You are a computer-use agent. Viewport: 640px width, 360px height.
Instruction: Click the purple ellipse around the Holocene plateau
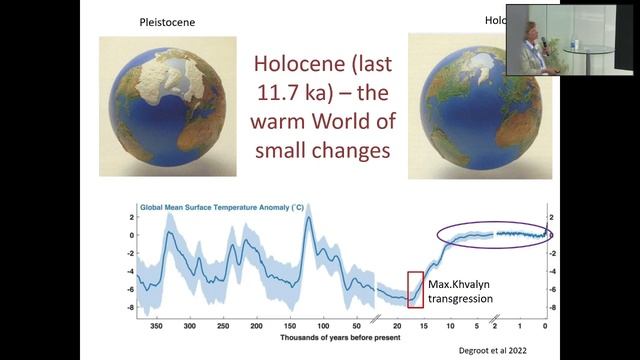493,235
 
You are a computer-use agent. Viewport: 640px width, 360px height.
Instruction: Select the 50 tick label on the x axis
357,326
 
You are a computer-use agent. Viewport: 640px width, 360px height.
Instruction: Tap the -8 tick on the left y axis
131,308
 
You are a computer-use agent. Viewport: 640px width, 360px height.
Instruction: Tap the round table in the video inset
579,47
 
